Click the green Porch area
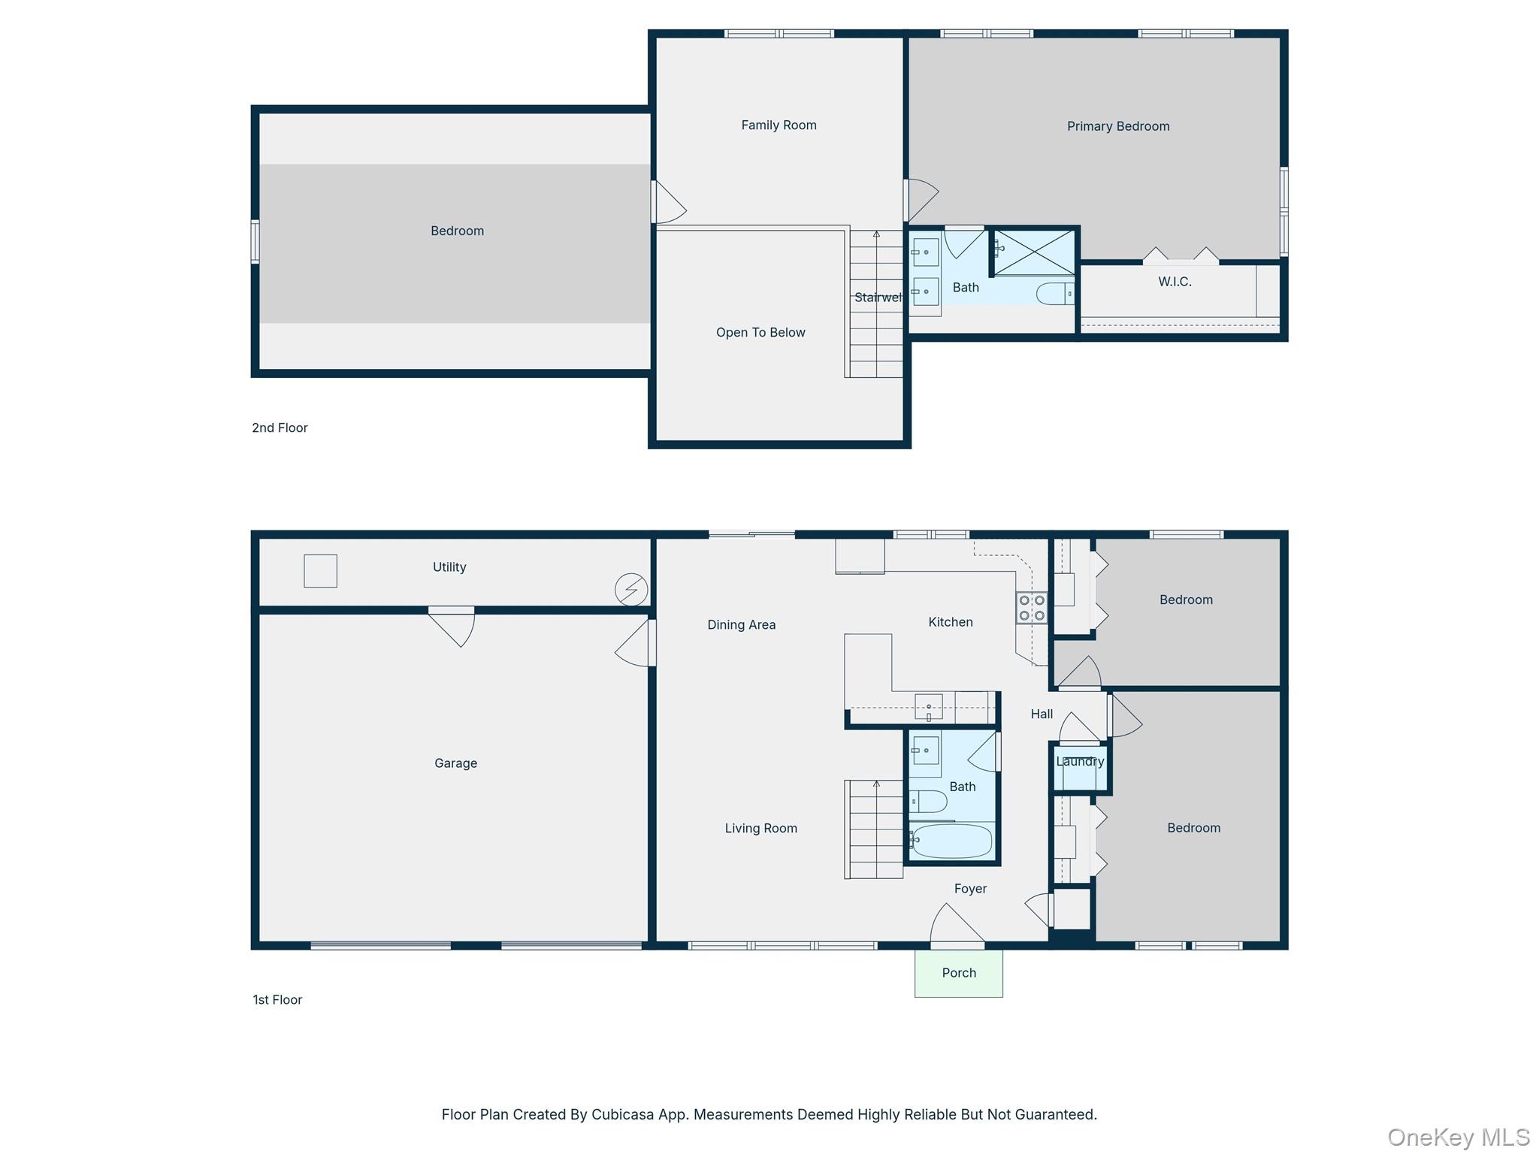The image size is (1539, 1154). (958, 974)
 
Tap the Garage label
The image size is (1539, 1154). (455, 763)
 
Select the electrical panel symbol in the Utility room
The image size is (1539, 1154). (631, 589)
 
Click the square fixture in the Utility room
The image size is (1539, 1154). (320, 571)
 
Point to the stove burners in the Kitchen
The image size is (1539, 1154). (1032, 608)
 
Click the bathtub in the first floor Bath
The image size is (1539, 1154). (951, 841)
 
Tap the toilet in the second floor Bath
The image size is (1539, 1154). (1054, 293)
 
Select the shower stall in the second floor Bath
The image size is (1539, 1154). (1035, 252)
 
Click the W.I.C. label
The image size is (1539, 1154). (1175, 282)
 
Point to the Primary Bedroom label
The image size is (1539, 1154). (1117, 126)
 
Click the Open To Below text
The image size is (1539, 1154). (760, 332)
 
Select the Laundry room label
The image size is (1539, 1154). (1080, 761)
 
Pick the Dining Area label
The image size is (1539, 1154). (741, 624)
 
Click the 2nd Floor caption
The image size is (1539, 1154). (280, 427)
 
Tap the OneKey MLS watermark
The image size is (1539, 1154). (1458, 1137)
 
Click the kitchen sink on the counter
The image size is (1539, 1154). (929, 707)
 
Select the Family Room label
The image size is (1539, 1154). (779, 125)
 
